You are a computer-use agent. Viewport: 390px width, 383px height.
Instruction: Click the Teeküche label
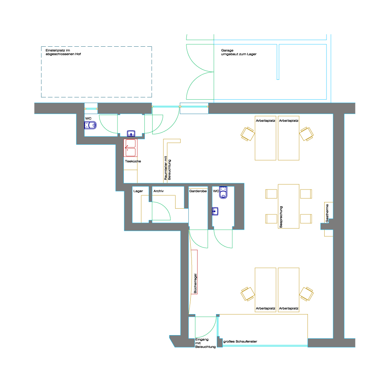pos(133,161)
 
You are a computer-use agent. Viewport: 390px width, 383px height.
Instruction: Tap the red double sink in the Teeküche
pos(130,148)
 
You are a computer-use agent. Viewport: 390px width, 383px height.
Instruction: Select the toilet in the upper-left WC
pos(90,125)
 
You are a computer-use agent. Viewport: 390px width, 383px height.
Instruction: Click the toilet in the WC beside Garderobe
pos(223,193)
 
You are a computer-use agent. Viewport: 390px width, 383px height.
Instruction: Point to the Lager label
pos(138,191)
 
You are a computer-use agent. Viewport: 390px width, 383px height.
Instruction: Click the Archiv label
pos(158,191)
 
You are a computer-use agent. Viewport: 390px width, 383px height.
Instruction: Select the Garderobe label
pos(198,191)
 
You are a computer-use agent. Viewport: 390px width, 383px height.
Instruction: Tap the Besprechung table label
pos(281,217)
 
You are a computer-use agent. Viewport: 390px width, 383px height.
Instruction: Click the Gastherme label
pos(327,213)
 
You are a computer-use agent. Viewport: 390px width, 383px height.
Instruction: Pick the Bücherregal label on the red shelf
pos(195,283)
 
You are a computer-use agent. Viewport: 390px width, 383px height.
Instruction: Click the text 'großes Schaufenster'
pos(240,341)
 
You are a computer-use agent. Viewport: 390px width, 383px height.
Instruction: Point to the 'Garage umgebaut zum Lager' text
pos(239,52)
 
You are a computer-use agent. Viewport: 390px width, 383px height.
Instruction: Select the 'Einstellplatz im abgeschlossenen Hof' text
pos(63,52)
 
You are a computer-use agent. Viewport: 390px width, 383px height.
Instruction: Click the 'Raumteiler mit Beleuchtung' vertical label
pos(167,168)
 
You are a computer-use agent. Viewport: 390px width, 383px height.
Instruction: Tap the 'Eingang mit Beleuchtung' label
pos(206,343)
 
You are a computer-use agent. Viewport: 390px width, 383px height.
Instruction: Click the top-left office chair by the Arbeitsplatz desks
pos(248,134)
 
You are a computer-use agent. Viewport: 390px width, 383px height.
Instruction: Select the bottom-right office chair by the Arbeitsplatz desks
pos(306,294)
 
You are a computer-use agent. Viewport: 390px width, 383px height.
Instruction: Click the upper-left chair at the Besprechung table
pos(271,194)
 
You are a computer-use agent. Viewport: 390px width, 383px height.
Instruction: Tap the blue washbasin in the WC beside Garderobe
pos(215,211)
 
